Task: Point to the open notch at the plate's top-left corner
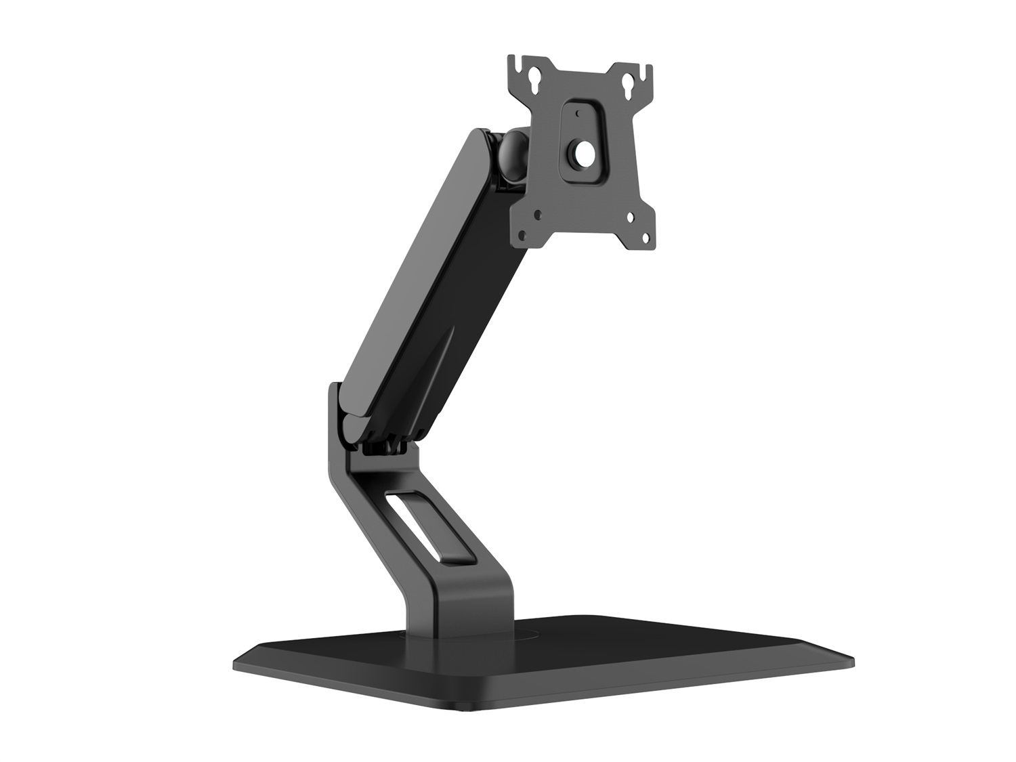pyautogui.click(x=518, y=66)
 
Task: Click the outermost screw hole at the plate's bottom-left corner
pyautogui.click(x=522, y=235)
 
